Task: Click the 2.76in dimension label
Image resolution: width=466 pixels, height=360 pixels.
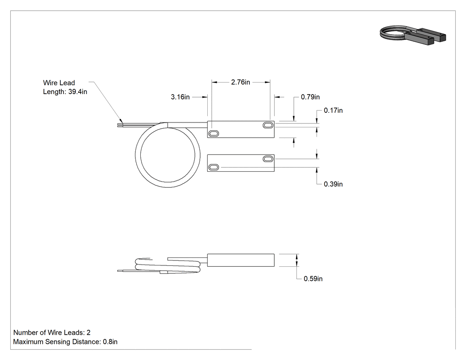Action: tap(241, 82)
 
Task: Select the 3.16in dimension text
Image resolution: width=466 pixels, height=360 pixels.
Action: tap(180, 97)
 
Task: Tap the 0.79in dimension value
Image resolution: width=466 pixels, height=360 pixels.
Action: tap(310, 97)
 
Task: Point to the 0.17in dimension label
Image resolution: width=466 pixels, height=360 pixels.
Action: tap(333, 110)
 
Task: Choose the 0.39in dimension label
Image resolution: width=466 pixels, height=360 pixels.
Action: tap(333, 184)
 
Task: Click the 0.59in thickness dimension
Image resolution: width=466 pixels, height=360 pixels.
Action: tap(313, 279)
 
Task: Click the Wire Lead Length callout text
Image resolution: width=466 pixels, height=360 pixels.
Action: tap(65, 87)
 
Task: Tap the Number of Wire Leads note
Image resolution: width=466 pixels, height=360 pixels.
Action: tap(52, 332)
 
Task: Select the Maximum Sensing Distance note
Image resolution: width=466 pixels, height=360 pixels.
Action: tap(65, 341)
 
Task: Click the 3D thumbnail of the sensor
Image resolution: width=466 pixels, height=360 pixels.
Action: tap(413, 36)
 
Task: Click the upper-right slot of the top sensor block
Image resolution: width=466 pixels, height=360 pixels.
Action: tap(268, 125)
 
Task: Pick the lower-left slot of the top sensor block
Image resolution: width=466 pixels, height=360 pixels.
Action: tap(213, 134)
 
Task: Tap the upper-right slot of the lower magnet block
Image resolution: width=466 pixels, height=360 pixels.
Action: tap(268, 159)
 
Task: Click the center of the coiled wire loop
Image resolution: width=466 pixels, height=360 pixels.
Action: tap(168, 155)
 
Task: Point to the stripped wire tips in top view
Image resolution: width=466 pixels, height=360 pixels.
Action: tap(120, 125)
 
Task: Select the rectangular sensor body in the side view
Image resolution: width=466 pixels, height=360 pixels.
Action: tap(241, 260)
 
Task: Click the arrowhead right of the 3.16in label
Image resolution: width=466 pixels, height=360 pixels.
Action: tap(205, 97)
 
